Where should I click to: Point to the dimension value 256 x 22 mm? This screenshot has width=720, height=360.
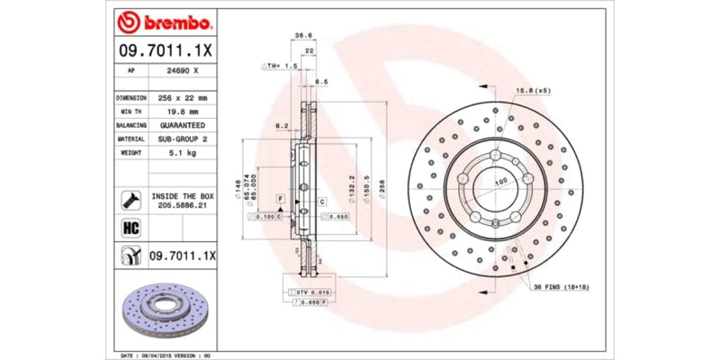[183, 97]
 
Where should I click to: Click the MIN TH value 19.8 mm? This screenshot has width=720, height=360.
[183, 111]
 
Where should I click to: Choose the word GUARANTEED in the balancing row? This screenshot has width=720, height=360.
[183, 125]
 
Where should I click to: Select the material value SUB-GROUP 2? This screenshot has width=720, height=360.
[183, 139]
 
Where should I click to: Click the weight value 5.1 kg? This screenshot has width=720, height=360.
[183, 154]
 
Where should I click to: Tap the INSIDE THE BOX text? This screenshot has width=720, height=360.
[183, 195]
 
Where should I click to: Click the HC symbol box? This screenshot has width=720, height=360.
[128, 227]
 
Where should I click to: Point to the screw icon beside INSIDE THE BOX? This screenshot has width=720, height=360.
[128, 200]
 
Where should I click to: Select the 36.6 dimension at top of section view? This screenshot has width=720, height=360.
[304, 38]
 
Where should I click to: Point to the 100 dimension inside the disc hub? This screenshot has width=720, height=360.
[500, 182]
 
